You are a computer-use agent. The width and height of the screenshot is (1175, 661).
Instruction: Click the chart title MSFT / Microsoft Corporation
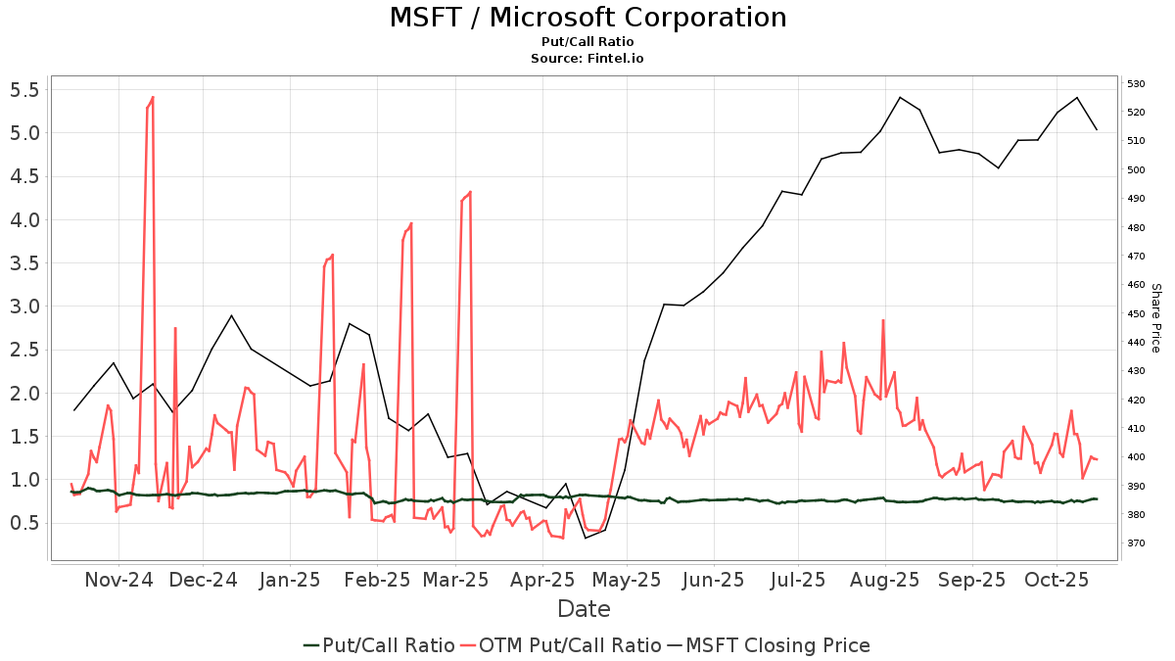point(587,18)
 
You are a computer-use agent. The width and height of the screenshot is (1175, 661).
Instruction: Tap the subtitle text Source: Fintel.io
point(587,59)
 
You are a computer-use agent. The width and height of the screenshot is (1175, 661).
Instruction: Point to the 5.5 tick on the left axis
point(23,90)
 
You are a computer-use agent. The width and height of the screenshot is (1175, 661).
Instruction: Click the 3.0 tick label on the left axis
point(23,307)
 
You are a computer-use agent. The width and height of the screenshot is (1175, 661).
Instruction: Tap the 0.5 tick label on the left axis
point(23,523)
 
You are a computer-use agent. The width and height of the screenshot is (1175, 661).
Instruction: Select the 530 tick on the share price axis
point(1136,84)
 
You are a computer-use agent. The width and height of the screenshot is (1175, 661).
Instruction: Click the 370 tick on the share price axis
point(1136,543)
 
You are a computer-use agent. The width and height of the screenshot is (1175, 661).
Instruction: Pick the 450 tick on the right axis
point(1136,313)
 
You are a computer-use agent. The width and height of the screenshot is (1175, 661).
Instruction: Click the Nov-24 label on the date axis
point(118,580)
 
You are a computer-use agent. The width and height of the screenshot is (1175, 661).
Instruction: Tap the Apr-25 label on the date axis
point(542,580)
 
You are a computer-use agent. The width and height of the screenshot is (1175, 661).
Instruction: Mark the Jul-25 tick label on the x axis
point(797,580)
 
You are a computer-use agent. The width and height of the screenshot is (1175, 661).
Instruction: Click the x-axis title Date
point(584,609)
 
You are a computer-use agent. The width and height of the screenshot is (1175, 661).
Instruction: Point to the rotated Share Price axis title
point(1155,317)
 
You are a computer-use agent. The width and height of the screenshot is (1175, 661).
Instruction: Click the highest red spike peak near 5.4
point(153,97)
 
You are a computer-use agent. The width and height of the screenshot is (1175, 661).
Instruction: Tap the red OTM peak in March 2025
point(470,192)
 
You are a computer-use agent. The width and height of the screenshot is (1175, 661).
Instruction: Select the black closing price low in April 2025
point(586,538)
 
